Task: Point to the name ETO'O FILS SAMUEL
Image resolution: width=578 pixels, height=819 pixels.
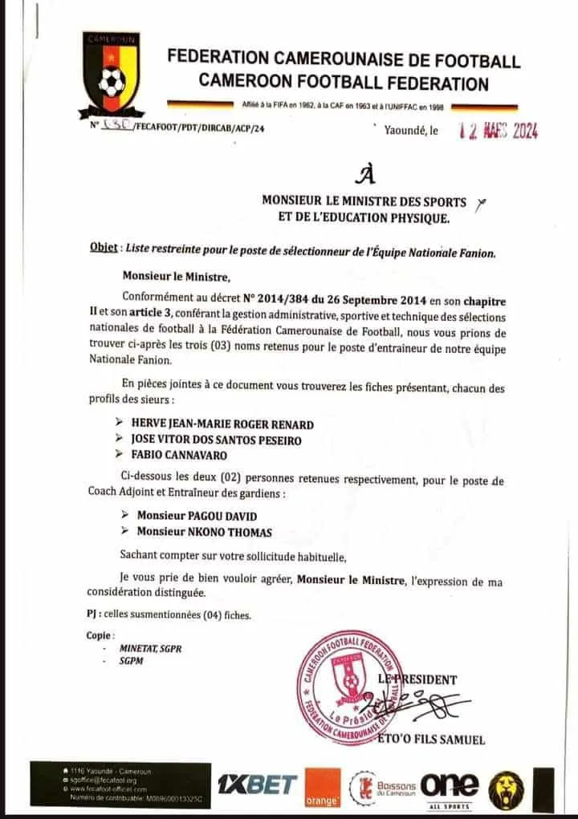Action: pyautogui.click(x=431, y=740)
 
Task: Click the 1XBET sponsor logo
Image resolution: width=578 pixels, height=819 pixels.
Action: pyautogui.click(x=257, y=785)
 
